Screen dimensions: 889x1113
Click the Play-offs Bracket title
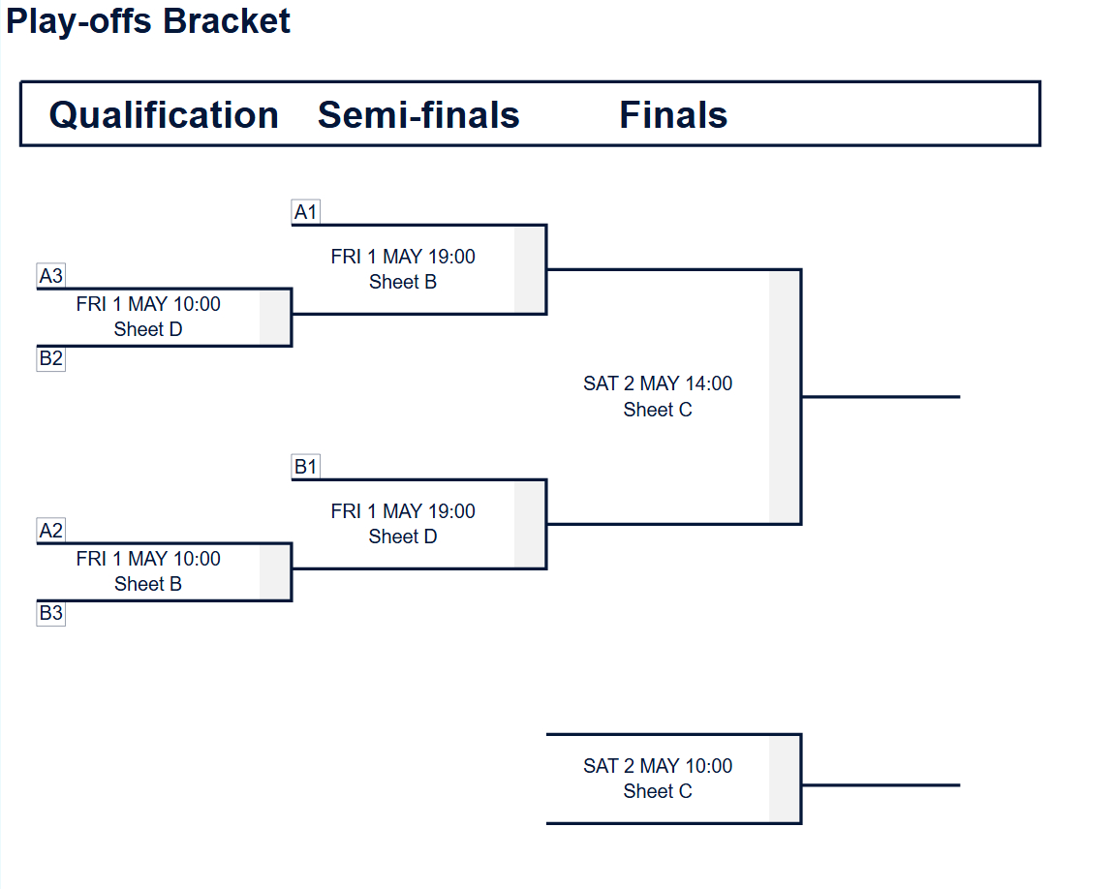(148, 21)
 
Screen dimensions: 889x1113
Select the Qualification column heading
(164, 115)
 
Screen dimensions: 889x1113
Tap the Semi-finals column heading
(418, 115)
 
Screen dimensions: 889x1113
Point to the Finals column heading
(673, 115)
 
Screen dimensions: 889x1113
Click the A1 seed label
(306, 212)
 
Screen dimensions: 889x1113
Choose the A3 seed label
(50, 276)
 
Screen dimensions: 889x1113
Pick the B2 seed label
(50, 358)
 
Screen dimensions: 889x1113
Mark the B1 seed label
(306, 467)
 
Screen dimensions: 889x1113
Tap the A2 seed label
(50, 531)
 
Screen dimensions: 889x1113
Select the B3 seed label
(50, 613)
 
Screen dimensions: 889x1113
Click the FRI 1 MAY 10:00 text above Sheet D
(148, 304)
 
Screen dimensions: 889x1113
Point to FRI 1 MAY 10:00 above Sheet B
(148, 559)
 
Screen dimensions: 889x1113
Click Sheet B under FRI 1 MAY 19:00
(403, 282)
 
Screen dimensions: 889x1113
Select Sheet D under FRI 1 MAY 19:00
(403, 536)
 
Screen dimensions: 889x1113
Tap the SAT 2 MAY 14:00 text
(658, 383)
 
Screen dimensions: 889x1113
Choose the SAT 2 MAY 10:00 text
(658, 766)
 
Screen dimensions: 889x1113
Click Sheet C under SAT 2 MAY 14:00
(658, 410)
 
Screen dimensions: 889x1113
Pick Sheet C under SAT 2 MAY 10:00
(658, 791)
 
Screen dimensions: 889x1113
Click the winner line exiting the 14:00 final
(881, 396)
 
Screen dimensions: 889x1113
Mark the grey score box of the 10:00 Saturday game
(785, 779)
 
